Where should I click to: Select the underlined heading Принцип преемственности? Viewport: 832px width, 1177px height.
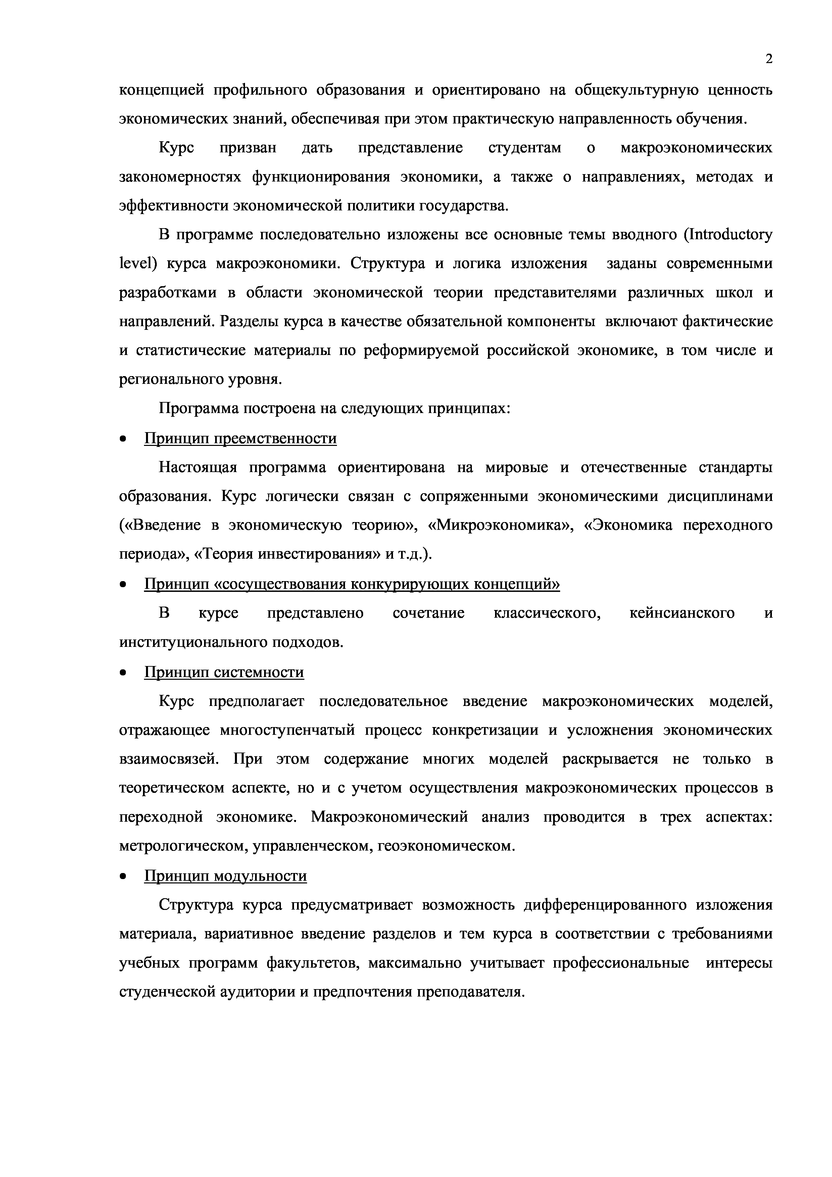(x=240, y=439)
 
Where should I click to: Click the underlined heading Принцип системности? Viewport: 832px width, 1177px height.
(x=224, y=672)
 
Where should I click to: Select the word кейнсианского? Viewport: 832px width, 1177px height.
(x=682, y=613)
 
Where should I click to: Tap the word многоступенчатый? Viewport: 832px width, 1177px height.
(x=287, y=730)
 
